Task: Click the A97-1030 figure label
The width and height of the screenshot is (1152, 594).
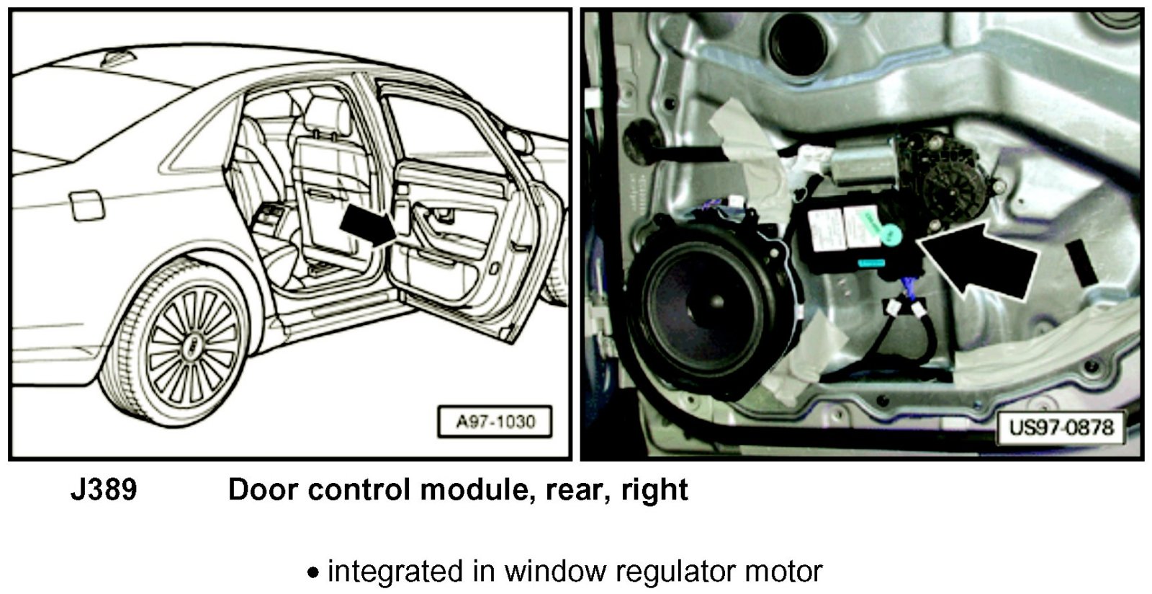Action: (x=495, y=422)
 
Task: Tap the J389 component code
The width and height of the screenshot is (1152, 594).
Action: (x=104, y=490)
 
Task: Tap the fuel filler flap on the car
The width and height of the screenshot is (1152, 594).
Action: (x=87, y=205)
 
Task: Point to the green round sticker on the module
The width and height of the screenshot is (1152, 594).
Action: (x=891, y=234)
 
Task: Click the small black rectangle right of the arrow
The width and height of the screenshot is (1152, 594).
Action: (x=1081, y=262)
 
